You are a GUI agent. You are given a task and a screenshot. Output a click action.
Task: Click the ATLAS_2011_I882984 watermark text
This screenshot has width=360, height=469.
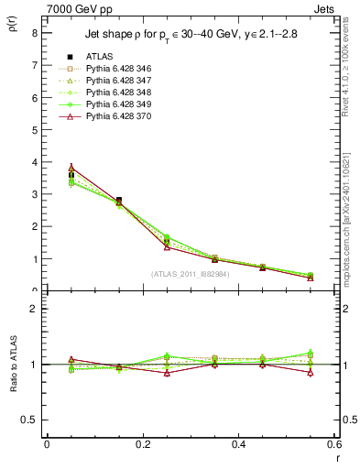pyautogui.click(x=191, y=273)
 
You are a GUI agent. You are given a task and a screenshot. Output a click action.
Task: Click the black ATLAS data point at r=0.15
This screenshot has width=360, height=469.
pyautogui.click(x=118, y=200)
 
